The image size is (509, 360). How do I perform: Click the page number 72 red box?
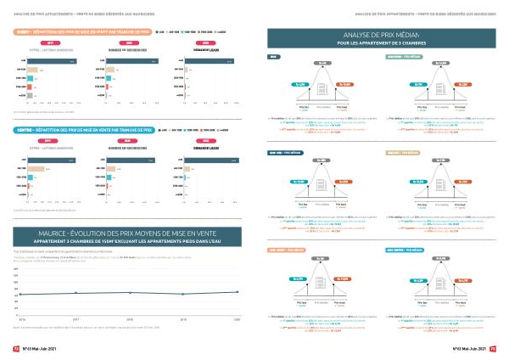pyautogui.click(x=15, y=348)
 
